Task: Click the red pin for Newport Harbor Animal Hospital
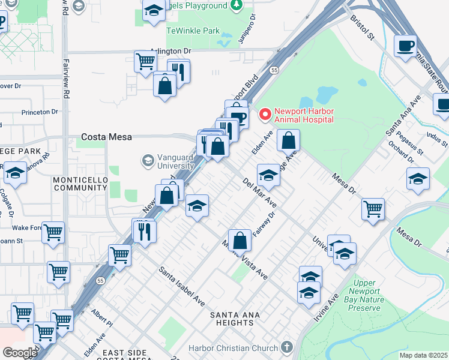point(264,113)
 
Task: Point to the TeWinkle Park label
point(193,30)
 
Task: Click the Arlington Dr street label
point(170,52)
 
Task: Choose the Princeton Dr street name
point(39,112)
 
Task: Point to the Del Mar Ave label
point(260,191)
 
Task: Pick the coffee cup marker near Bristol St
point(405,45)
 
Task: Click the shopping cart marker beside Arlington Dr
point(145,61)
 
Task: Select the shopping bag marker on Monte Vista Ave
point(240,240)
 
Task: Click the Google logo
point(20,353)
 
